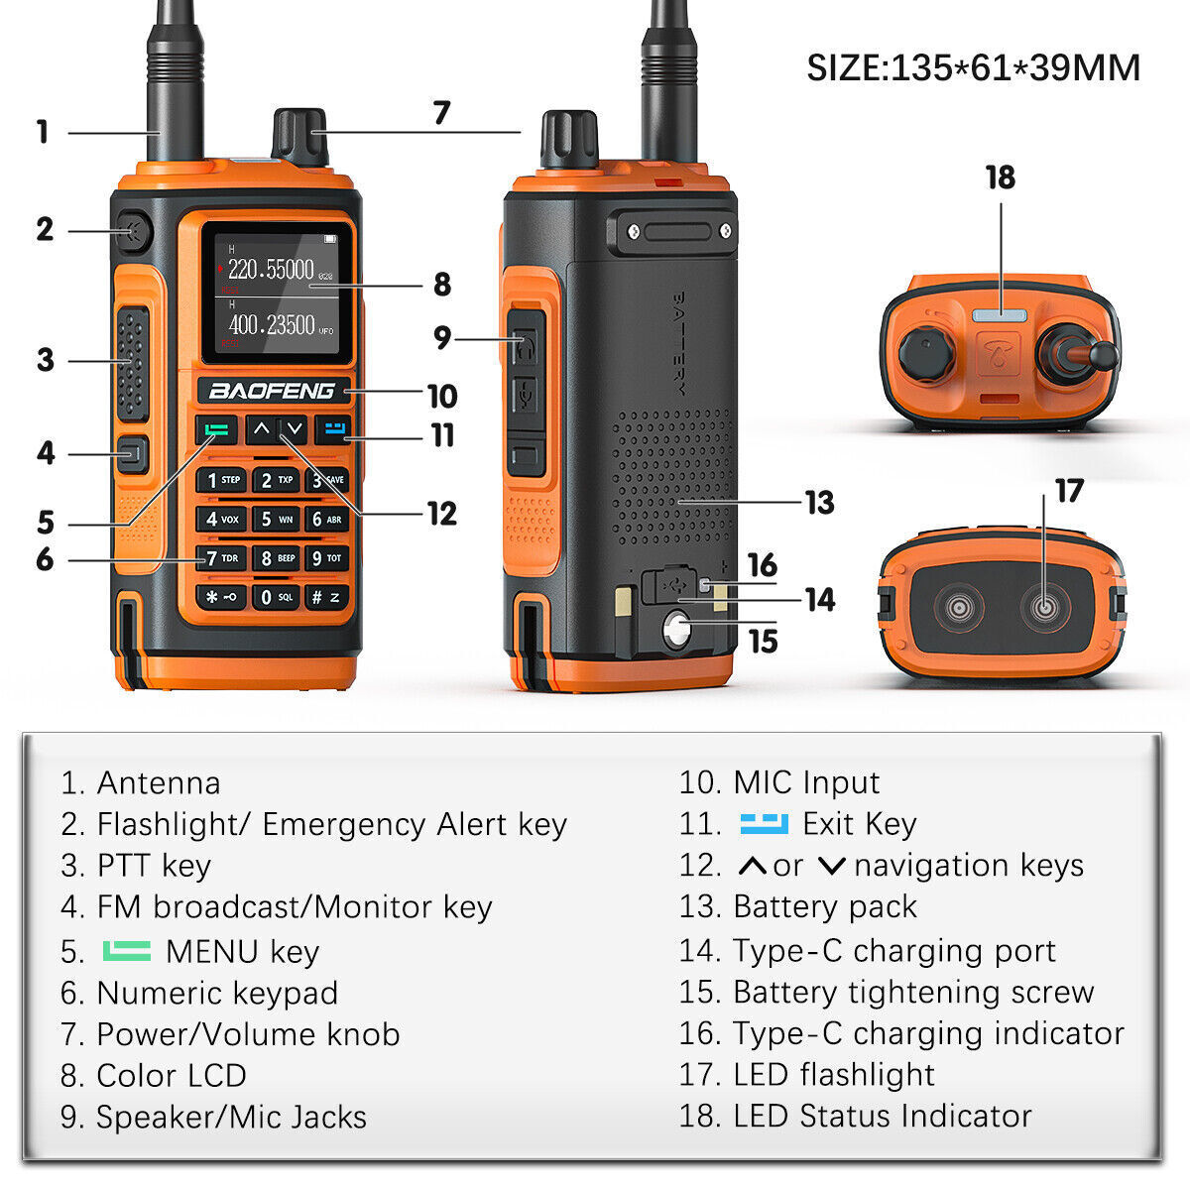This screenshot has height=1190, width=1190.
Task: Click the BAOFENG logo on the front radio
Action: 271,391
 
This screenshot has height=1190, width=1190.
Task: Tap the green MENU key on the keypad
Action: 217,430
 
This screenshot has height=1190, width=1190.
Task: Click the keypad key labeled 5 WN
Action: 276,519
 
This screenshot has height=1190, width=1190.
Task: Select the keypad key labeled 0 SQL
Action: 276,597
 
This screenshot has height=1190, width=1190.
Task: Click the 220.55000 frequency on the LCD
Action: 271,270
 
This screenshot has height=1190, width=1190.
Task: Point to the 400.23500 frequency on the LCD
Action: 271,325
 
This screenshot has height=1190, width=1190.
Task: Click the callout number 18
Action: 1000,178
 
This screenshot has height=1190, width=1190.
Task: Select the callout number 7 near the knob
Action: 441,113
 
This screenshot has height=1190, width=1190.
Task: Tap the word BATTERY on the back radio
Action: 679,342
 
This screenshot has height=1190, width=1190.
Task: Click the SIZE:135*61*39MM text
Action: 973,68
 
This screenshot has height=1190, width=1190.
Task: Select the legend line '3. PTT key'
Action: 136,866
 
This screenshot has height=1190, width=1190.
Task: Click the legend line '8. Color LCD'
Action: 154,1076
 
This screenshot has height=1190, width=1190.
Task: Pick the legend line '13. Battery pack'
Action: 798,907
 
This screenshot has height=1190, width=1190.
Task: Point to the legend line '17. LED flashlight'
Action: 806,1075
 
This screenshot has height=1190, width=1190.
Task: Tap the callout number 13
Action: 819,503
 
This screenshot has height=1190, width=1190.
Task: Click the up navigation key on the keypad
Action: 261,429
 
